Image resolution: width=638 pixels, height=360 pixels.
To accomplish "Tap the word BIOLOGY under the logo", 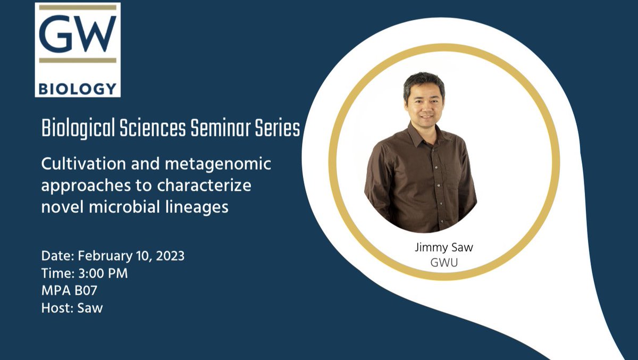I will pos(78,88).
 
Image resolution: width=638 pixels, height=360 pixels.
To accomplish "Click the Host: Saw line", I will pos(72,308).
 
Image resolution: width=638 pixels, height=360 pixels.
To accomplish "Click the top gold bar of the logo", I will pos(78,7).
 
